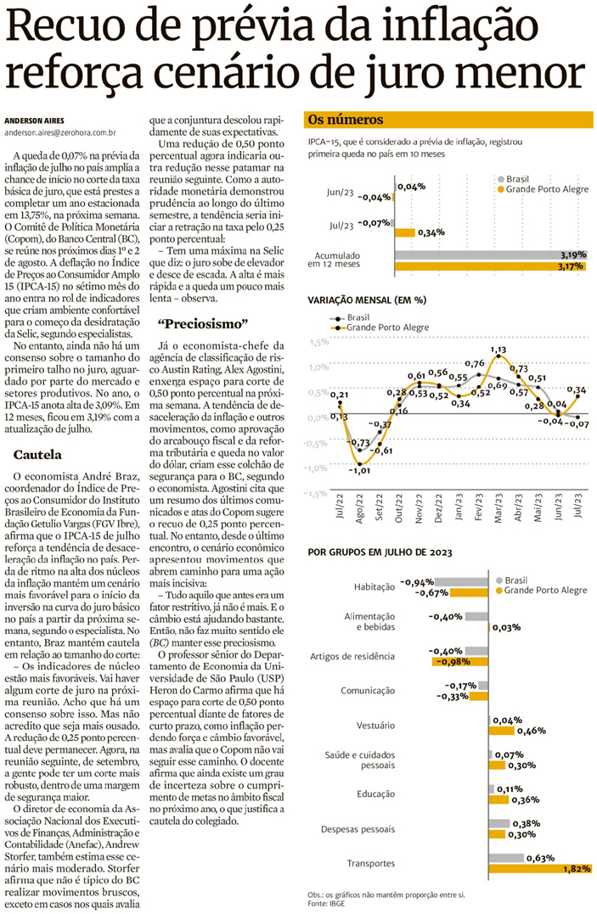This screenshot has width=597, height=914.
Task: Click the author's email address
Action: tap(59, 132)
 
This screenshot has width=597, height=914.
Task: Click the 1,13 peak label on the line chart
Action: tap(498, 349)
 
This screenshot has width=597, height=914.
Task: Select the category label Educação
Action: tap(375, 793)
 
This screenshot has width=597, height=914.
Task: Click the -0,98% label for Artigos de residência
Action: tap(449, 662)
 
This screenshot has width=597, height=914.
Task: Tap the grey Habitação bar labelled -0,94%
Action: tap(466, 582)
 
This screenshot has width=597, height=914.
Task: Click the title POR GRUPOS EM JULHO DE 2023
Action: tap(380, 552)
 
